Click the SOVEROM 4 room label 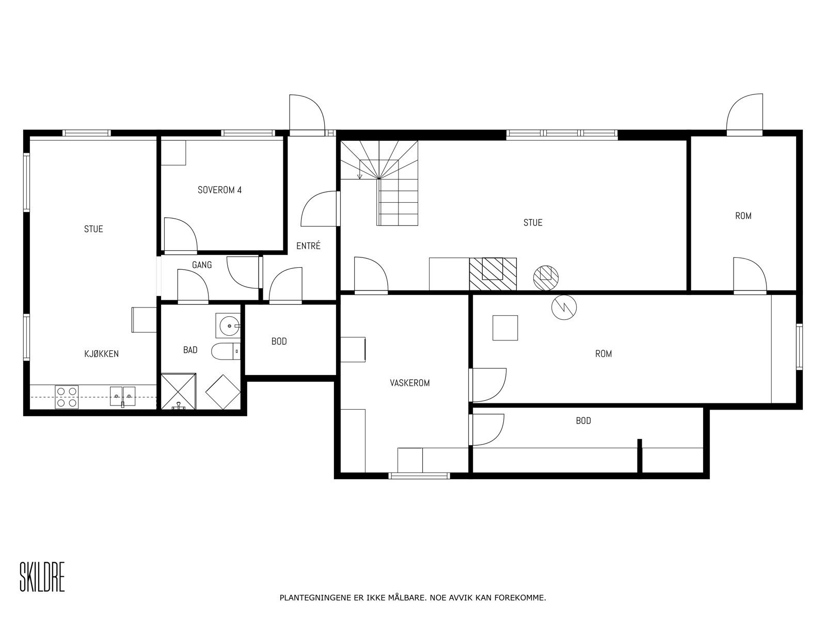point(219,190)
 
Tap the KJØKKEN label point(101,354)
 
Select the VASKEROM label point(410,383)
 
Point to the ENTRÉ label point(308,246)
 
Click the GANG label point(202,265)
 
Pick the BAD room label point(190,350)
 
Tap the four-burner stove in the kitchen point(67,397)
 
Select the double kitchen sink point(122,397)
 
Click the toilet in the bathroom point(226,352)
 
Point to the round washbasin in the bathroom point(228,325)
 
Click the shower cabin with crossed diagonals point(179,391)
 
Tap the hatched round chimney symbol point(546,278)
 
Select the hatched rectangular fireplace point(493,273)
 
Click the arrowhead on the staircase point(359,176)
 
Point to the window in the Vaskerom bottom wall point(419,476)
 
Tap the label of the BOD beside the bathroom point(279,341)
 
